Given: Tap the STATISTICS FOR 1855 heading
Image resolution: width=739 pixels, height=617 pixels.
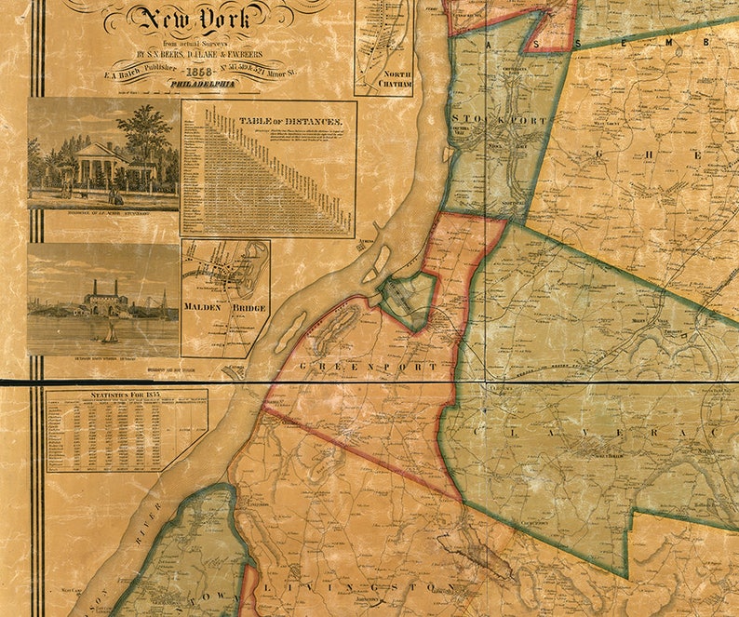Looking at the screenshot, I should click(125, 397).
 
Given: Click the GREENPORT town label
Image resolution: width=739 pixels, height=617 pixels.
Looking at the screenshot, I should click(369, 369).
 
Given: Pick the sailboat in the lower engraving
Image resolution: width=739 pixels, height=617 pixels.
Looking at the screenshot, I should click(110, 330).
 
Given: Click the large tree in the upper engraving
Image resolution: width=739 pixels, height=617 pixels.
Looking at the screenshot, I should click(146, 130).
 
